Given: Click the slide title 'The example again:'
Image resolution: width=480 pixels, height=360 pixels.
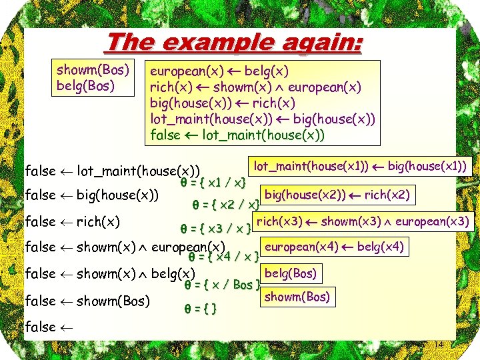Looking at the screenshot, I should coord(234,43).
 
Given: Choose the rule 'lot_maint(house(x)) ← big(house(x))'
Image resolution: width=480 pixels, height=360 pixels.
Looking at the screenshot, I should coord(263,119).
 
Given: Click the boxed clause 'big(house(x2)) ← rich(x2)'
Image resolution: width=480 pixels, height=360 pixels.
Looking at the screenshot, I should coord(337,195).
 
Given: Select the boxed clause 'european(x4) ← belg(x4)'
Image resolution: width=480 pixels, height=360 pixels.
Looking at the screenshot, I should coord(333,247).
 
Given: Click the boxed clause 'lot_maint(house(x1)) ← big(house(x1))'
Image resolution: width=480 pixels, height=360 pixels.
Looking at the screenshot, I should coord(359,164).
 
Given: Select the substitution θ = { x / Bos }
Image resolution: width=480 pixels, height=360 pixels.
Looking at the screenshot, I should coord(221,285).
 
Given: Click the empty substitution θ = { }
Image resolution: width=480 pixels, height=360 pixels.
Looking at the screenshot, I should coord(205,309).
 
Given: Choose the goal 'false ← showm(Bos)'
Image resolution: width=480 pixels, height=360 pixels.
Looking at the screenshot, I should coord(87,301).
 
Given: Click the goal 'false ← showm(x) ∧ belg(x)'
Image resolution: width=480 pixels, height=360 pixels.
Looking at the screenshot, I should coord(110,274).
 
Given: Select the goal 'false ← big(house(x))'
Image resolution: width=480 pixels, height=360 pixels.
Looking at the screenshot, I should coord(91,195).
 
